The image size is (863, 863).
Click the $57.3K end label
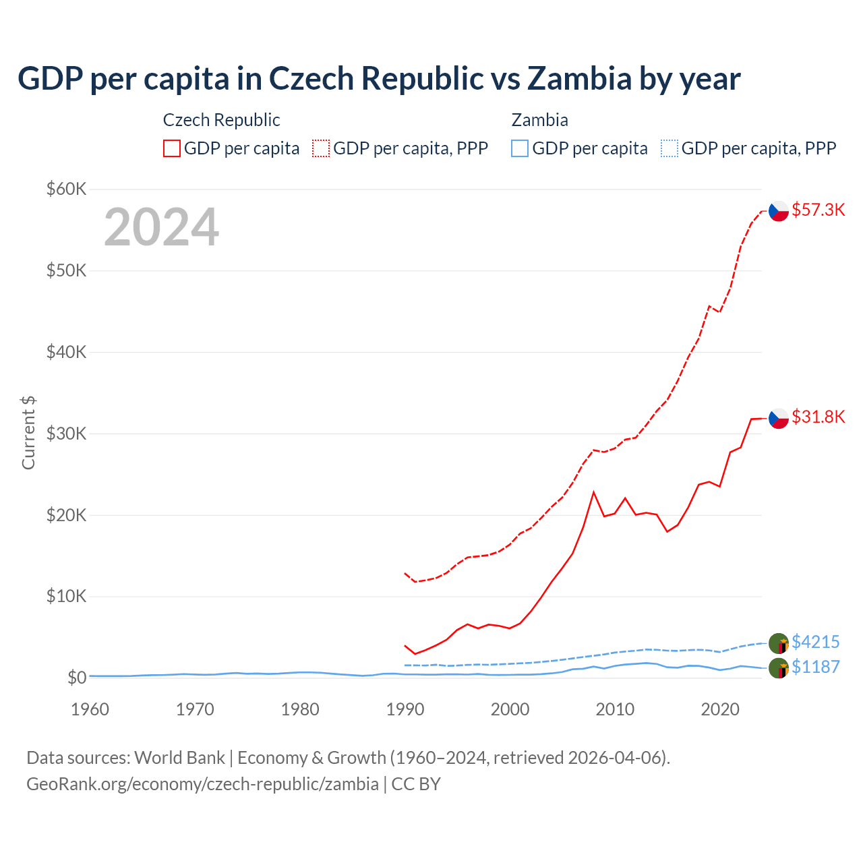[x=818, y=210]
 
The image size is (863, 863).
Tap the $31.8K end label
[x=818, y=417]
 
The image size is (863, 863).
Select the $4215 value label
[x=815, y=642]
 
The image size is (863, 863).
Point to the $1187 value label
[x=815, y=667]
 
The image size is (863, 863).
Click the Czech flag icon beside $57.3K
[x=779, y=211]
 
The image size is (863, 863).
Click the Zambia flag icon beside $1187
[x=779, y=669]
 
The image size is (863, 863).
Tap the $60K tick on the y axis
[x=66, y=189]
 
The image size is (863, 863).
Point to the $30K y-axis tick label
[x=66, y=434]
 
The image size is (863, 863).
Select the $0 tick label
[x=76, y=678]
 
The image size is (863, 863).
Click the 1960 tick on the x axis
[x=90, y=709]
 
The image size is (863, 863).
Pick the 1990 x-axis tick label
[x=405, y=709]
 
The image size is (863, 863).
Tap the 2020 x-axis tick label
[x=720, y=709]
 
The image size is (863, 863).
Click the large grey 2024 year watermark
[x=161, y=227]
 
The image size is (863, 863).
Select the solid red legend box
[x=172, y=148]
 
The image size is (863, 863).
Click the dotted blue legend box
[x=669, y=148]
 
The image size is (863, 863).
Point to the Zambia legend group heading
[x=539, y=120]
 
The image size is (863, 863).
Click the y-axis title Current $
[x=28, y=433]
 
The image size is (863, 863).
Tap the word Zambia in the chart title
[x=579, y=78]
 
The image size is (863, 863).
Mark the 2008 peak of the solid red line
[x=593, y=492]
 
